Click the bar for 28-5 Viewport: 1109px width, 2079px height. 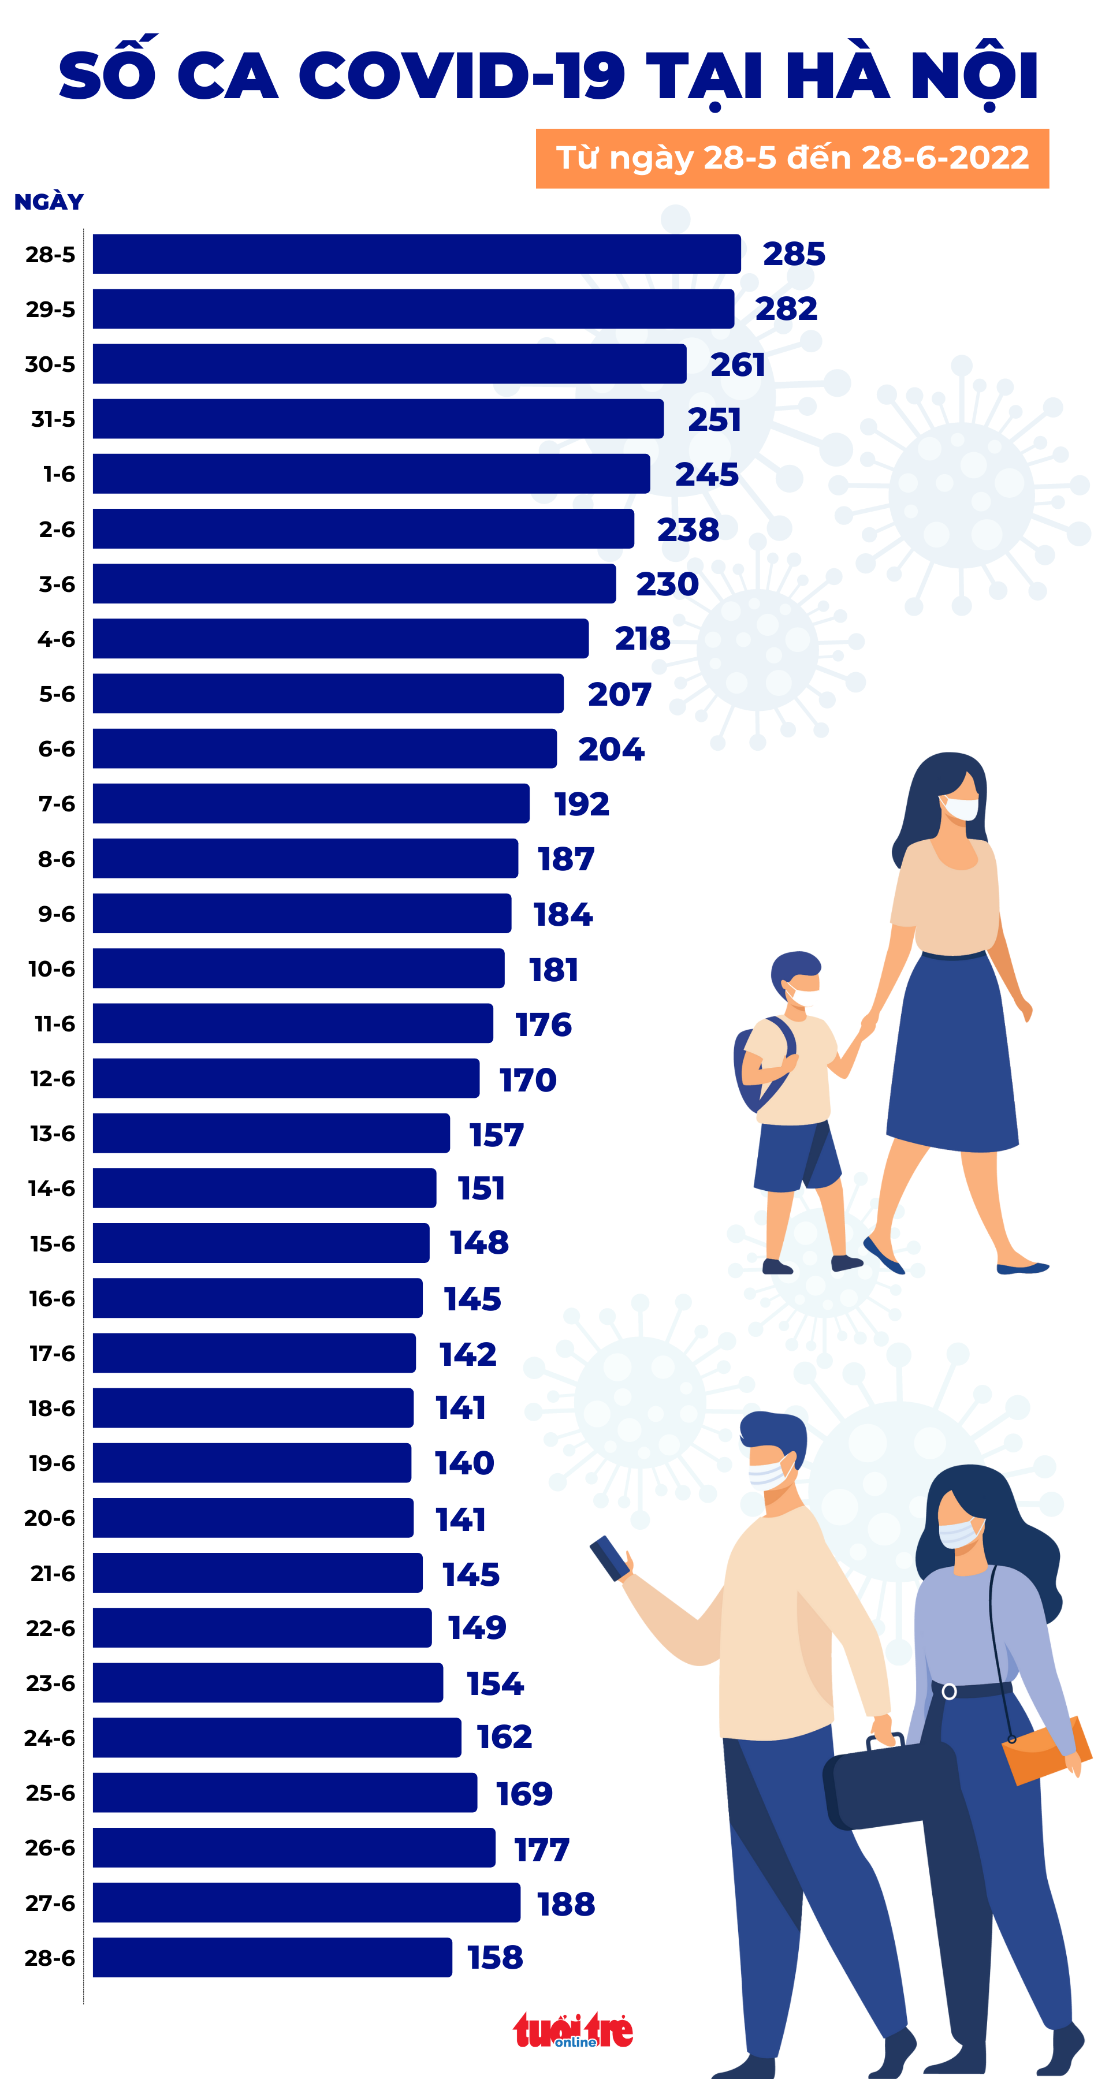point(416,254)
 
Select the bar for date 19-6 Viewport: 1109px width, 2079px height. point(252,1462)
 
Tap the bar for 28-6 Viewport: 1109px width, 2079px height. point(272,1957)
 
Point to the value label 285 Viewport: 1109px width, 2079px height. point(794,254)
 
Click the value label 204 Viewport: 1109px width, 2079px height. point(611,749)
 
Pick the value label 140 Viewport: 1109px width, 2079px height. point(464,1462)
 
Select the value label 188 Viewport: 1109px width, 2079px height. point(566,1904)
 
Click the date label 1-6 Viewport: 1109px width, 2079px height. point(59,474)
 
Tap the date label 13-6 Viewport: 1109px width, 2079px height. point(53,1133)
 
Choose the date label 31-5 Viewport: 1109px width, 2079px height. point(53,419)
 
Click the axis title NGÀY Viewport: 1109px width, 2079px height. point(49,202)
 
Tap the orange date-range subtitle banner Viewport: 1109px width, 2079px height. point(792,158)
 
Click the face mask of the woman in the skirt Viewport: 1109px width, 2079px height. point(961,808)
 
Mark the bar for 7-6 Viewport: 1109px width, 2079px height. point(311,804)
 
